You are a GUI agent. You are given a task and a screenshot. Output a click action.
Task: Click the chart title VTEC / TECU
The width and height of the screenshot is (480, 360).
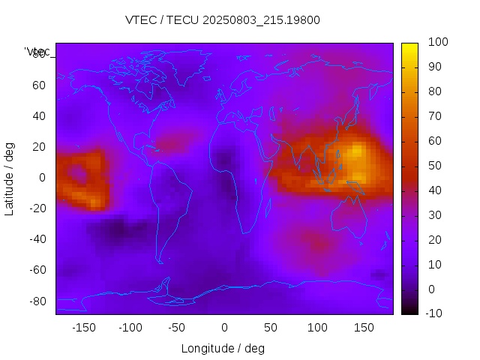pyautogui.click(x=222, y=20)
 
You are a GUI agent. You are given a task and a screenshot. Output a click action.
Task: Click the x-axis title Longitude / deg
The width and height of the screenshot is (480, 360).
pyautogui.click(x=223, y=348)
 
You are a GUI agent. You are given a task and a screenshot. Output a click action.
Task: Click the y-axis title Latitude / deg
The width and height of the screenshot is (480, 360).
pyautogui.click(x=10, y=178)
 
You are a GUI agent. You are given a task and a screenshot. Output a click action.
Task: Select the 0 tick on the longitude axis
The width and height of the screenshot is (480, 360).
pyautogui.click(x=223, y=328)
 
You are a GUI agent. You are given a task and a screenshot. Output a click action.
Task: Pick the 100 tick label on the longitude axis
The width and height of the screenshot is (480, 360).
pyautogui.click(x=317, y=328)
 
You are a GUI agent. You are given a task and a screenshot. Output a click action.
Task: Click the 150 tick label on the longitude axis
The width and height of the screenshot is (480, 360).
pyautogui.click(x=364, y=328)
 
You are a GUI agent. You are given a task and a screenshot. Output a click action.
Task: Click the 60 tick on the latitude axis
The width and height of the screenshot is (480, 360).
pyautogui.click(x=39, y=85)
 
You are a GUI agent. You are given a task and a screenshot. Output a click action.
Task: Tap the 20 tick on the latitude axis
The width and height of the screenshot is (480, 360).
pyautogui.click(x=39, y=147)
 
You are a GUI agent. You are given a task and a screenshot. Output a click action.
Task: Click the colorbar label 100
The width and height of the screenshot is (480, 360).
pyautogui.click(x=438, y=43)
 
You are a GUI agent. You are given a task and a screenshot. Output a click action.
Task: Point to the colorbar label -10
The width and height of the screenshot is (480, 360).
pyautogui.click(x=436, y=313)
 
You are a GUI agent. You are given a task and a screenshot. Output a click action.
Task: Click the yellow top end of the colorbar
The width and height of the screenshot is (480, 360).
pyautogui.click(x=409, y=46)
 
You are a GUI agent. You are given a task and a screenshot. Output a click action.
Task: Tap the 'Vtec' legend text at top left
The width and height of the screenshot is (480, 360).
pyautogui.click(x=37, y=52)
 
